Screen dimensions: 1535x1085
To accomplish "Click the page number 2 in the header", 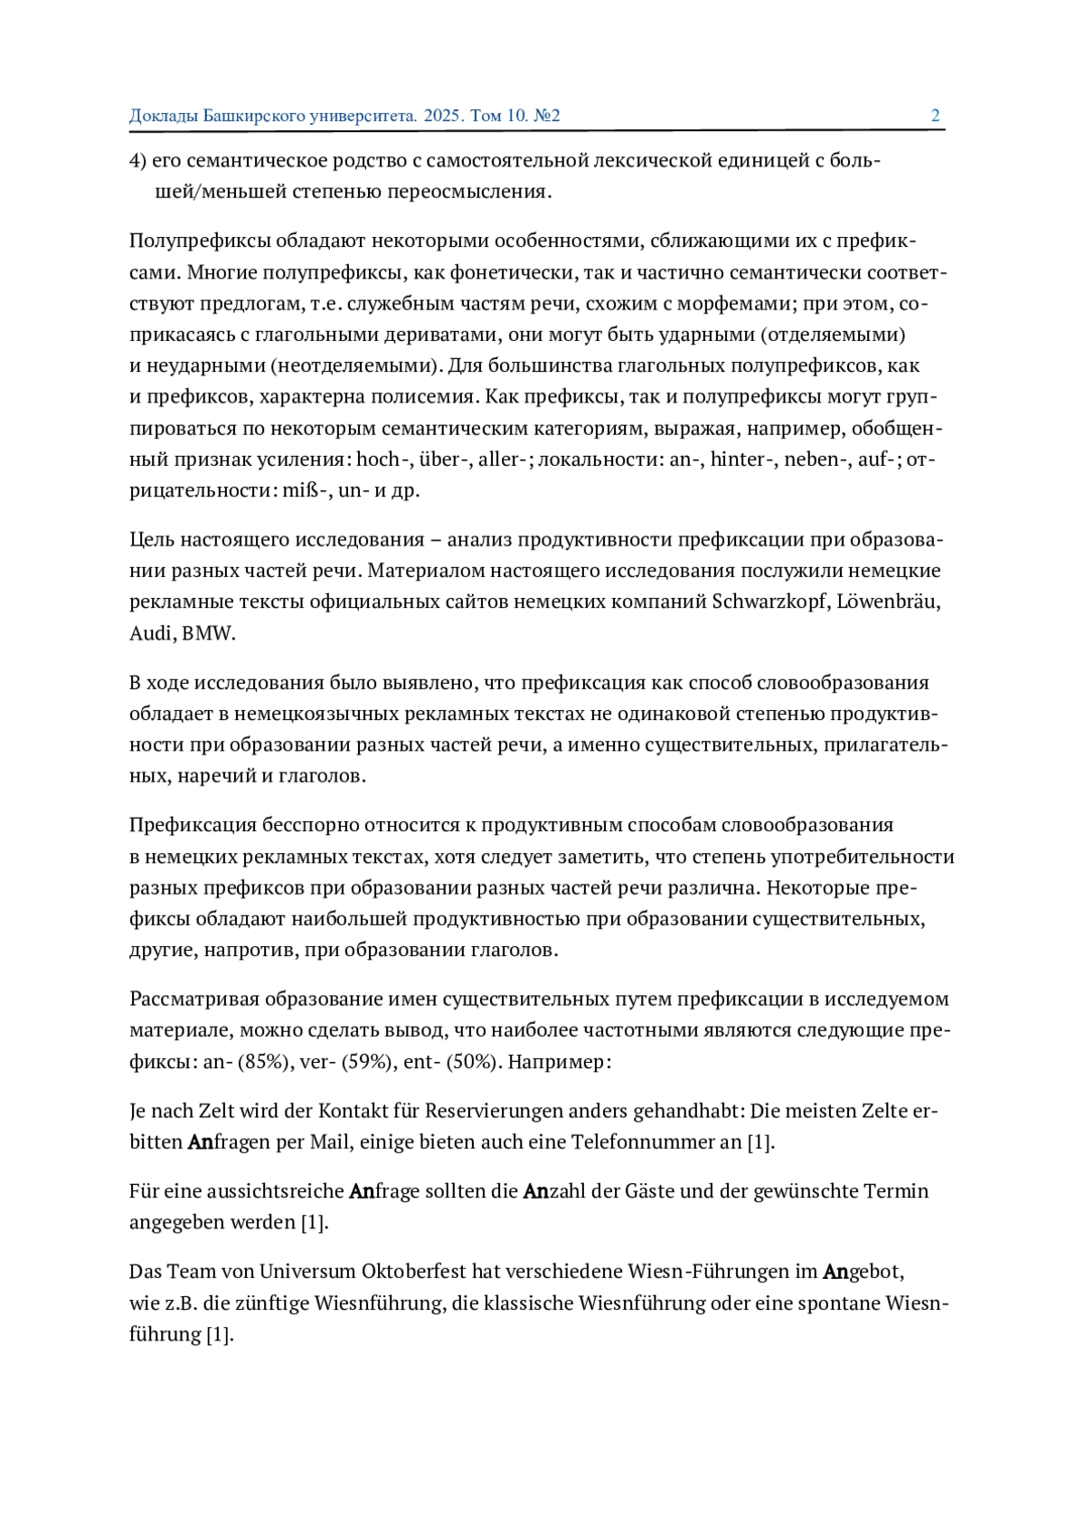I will pyautogui.click(x=935, y=116).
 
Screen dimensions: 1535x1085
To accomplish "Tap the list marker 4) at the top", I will pyautogui.click(x=137, y=161).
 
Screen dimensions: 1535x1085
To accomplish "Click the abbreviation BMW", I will pyautogui.click(x=208, y=633).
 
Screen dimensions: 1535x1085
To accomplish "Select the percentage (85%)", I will pyautogui.click(x=264, y=1062).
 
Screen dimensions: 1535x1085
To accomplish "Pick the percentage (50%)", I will pyautogui.click(x=473, y=1062).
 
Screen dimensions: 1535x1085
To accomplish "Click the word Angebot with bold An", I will pyautogui.click(x=863, y=1272).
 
